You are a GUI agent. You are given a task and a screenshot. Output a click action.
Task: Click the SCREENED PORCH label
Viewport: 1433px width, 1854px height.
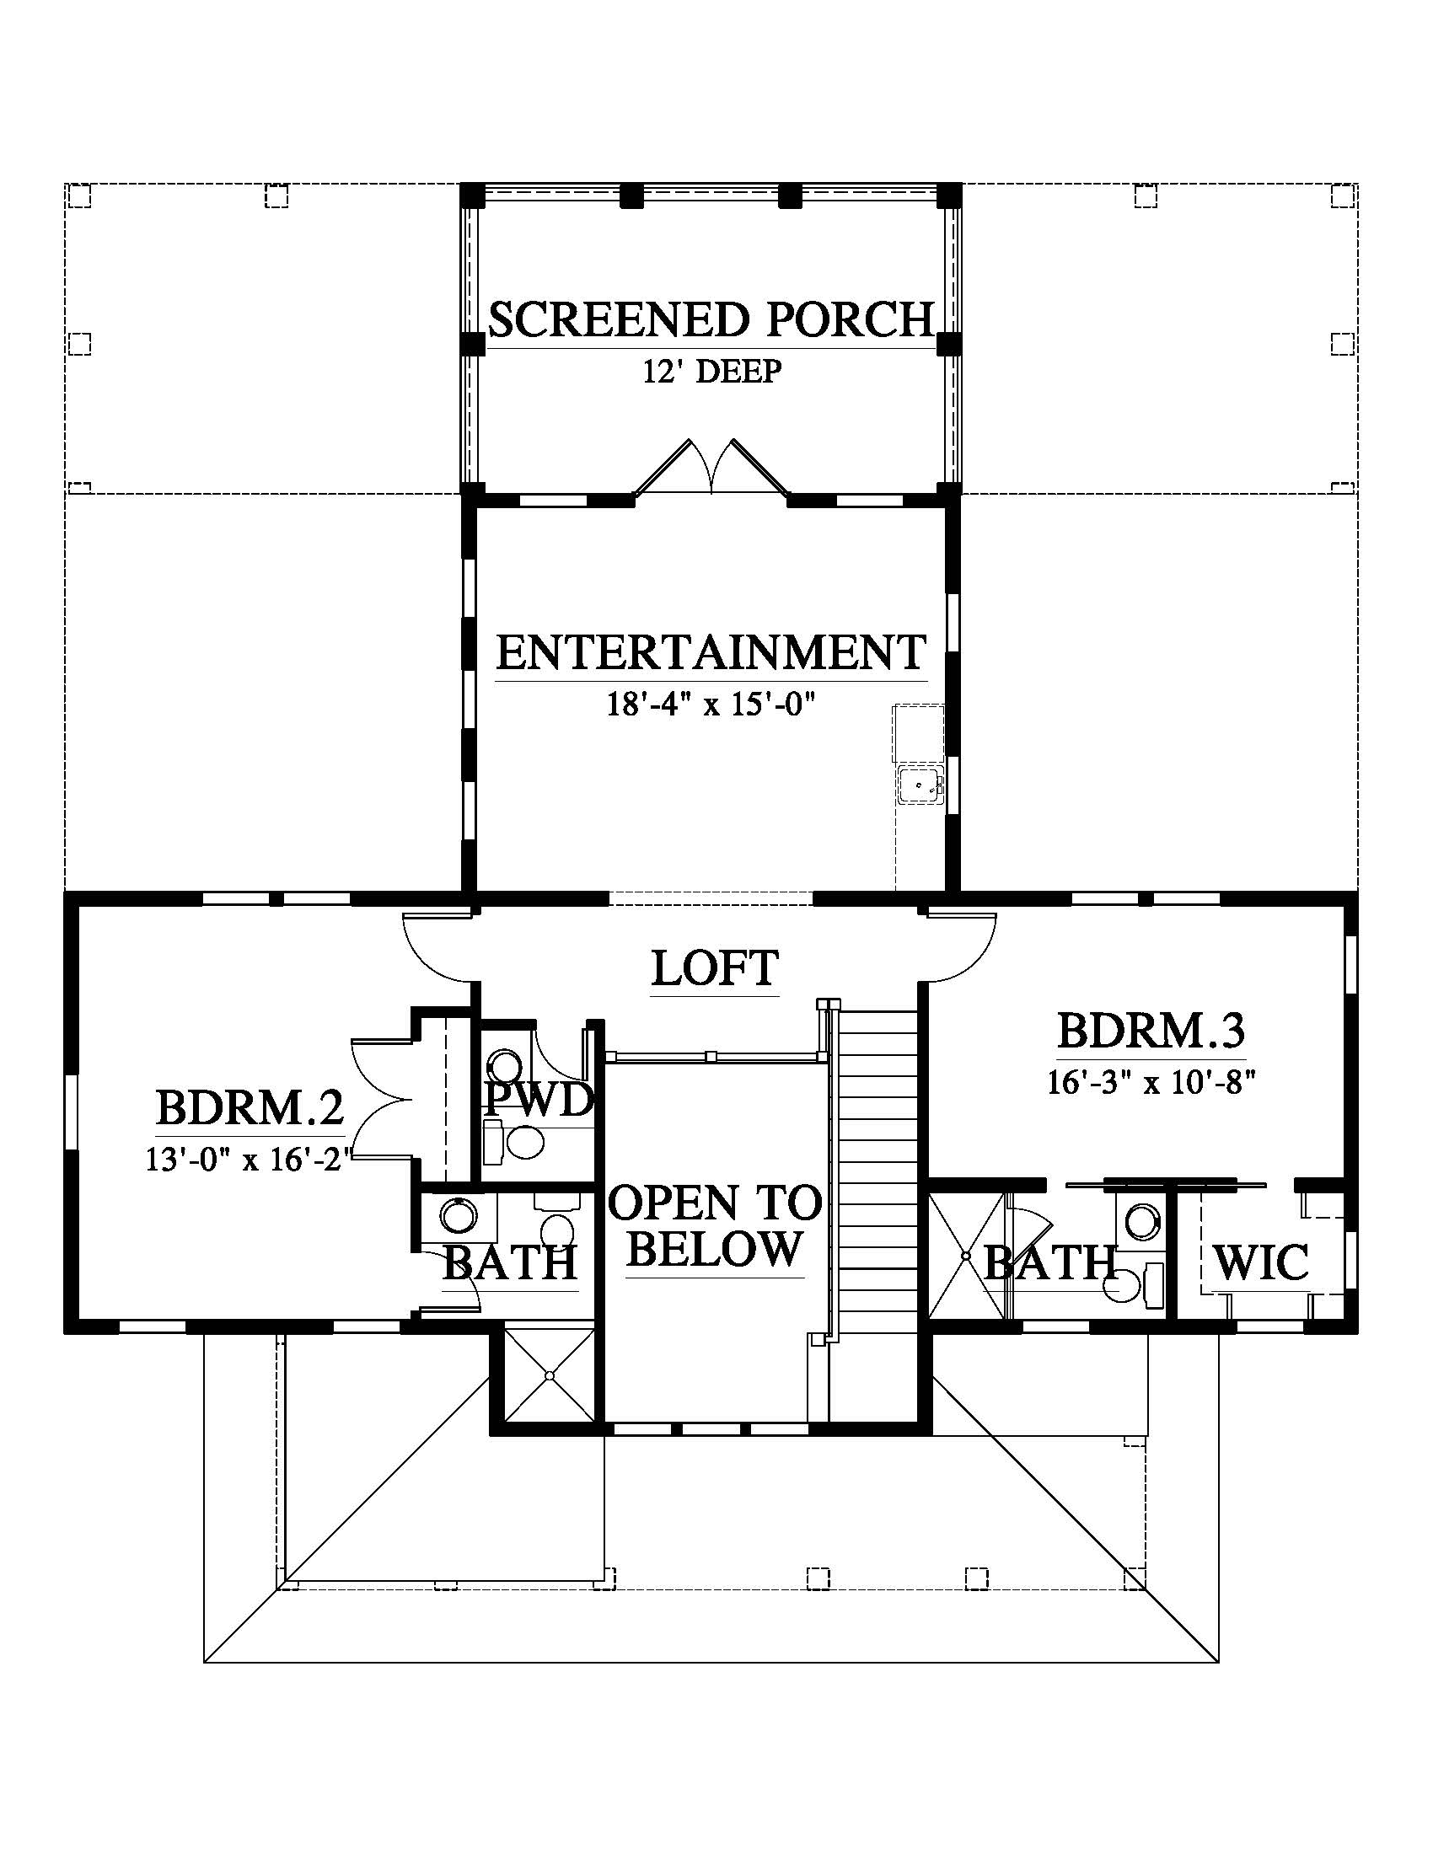(x=711, y=319)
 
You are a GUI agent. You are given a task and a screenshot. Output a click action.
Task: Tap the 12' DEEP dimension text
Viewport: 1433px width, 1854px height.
(x=711, y=372)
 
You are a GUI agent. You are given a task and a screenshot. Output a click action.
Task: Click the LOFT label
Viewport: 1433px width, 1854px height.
(x=715, y=967)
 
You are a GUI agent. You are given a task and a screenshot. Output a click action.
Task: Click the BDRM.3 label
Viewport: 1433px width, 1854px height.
(x=1151, y=1031)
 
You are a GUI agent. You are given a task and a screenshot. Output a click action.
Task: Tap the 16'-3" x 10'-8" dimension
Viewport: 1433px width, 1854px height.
(x=1151, y=1083)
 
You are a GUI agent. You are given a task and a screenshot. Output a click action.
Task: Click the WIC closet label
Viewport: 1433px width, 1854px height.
(x=1261, y=1262)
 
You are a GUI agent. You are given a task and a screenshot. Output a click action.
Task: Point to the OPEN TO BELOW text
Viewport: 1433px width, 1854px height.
(x=715, y=1226)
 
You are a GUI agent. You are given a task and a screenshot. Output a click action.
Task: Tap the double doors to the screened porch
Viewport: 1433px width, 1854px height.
(x=711, y=466)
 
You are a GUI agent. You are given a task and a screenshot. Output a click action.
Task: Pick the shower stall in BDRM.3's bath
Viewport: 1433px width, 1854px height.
(x=967, y=1256)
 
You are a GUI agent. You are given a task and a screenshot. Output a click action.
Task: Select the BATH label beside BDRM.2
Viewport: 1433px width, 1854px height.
(x=510, y=1262)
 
